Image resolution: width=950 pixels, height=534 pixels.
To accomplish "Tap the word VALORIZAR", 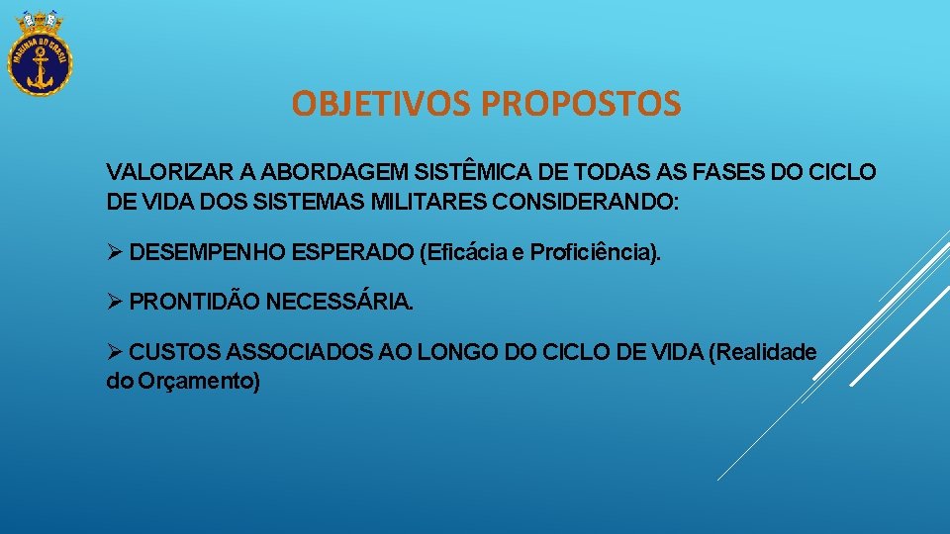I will (x=158, y=172).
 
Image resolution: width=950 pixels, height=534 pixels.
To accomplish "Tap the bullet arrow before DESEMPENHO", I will (x=115, y=252).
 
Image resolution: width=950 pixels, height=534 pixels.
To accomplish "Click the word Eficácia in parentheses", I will (x=466, y=252).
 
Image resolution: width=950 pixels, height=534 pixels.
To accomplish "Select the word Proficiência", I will (x=592, y=252).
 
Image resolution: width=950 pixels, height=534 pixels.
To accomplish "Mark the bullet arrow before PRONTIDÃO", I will (x=115, y=302).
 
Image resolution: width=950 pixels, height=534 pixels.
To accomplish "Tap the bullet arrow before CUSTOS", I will (x=115, y=352).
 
